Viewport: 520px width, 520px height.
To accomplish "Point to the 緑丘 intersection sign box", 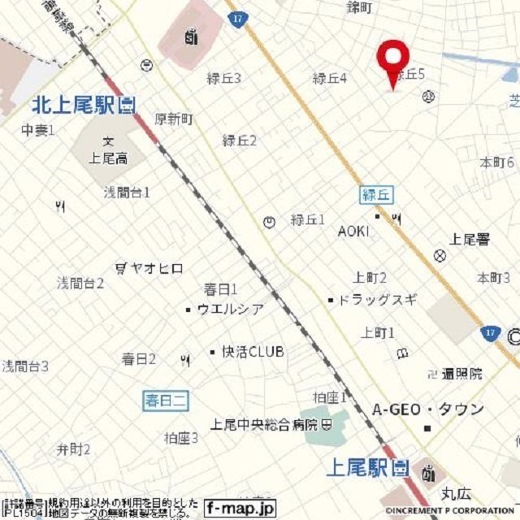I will click(x=376, y=194).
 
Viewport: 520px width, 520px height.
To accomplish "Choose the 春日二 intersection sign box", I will click(x=166, y=400).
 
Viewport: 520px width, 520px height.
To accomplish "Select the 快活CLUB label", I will click(x=252, y=352).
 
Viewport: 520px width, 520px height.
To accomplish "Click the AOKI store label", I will click(x=353, y=231).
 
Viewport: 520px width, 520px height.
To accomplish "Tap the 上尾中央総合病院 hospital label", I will click(x=264, y=424).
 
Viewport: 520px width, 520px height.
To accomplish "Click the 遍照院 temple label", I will click(x=461, y=374).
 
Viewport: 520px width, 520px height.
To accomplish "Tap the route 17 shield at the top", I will click(x=237, y=19).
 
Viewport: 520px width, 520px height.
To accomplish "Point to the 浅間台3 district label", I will click(x=24, y=366).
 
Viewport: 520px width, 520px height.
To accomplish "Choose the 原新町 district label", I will click(x=173, y=119).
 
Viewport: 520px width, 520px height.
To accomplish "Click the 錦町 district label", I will click(x=359, y=7).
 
